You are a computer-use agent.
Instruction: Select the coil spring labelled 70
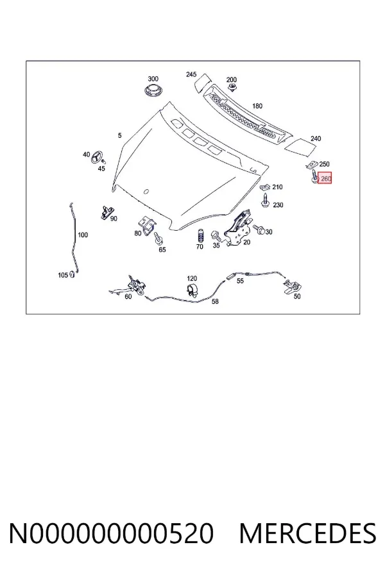(200, 236)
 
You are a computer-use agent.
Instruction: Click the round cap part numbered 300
(153, 90)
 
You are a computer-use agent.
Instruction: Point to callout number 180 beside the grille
(257, 106)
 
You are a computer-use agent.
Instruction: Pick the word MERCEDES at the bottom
(307, 533)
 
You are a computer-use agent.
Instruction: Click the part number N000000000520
(111, 533)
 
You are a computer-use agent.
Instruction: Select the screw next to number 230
(265, 200)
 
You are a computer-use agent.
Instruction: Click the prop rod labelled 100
(74, 239)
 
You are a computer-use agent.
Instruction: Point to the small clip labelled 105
(72, 274)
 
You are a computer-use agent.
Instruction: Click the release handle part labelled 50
(293, 287)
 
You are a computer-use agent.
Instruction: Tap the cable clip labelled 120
(193, 290)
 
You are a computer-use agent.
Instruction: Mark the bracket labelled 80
(147, 224)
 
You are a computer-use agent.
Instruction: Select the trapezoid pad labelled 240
(302, 147)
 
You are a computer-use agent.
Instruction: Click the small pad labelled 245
(203, 83)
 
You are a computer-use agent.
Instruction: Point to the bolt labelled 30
(259, 230)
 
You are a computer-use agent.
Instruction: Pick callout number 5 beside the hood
(120, 135)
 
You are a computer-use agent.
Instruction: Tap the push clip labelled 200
(232, 88)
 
